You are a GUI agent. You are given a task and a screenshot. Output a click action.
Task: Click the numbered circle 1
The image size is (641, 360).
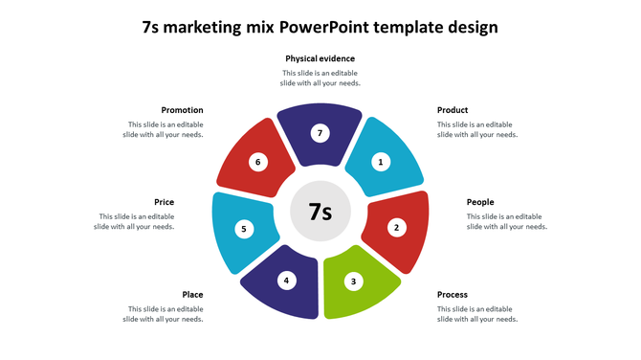(381, 162)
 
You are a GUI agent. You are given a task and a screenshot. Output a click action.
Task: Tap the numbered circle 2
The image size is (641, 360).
(396, 228)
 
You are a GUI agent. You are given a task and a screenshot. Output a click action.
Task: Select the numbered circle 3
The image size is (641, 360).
(354, 281)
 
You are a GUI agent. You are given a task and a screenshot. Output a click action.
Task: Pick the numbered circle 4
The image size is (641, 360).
(285, 281)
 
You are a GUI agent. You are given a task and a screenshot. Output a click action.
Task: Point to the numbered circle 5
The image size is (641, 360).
(244, 229)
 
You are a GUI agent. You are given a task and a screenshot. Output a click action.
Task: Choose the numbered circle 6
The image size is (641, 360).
(257, 162)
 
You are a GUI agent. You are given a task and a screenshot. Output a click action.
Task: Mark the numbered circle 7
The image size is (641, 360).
(320, 133)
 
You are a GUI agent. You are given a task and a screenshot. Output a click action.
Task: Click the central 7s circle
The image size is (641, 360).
(320, 212)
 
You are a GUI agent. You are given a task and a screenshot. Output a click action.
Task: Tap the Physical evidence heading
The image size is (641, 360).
(320, 58)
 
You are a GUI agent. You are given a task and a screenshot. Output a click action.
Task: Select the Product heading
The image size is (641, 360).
(453, 110)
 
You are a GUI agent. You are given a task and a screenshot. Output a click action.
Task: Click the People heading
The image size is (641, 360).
(480, 202)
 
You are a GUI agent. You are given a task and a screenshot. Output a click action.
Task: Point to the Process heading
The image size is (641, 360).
(453, 294)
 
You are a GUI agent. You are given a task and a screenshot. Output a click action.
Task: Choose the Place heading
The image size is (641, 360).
(192, 294)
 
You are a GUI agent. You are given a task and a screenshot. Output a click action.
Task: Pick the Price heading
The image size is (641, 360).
(164, 202)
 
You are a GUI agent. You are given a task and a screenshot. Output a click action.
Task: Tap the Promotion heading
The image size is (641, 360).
(182, 110)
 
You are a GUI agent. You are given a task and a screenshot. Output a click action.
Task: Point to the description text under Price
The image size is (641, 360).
(134, 222)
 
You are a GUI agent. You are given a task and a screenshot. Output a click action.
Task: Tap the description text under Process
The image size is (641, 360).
(477, 314)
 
